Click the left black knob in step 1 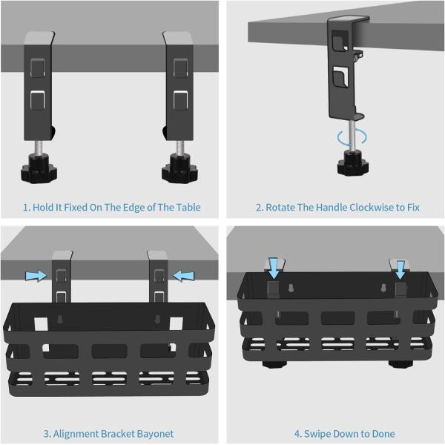(x=39, y=168)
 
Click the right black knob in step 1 (x=179, y=168)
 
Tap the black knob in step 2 (x=353, y=163)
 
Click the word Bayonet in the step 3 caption (x=155, y=434)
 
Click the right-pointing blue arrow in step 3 (x=36, y=276)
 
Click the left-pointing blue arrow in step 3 (x=184, y=276)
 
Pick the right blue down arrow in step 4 (x=400, y=270)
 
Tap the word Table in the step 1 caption (x=188, y=208)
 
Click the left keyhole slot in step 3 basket (x=60, y=319)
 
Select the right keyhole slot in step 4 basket (x=383, y=288)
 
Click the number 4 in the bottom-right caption (x=297, y=434)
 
